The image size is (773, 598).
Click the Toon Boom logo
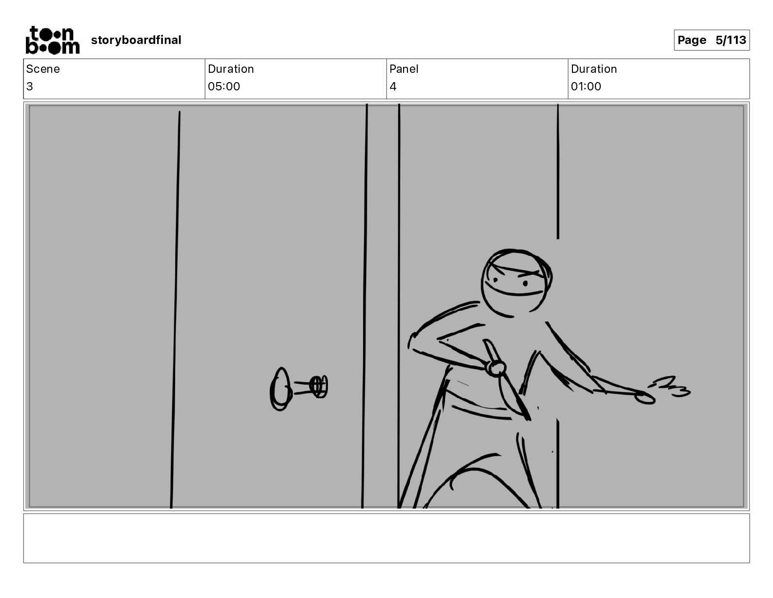tap(53, 40)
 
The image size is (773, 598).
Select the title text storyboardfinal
tap(136, 40)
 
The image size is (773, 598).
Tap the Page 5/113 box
tap(712, 40)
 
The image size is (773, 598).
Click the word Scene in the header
tap(42, 69)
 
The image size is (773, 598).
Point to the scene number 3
tap(30, 86)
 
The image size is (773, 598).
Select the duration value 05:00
tap(224, 86)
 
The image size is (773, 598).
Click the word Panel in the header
tap(404, 69)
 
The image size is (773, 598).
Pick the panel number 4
tap(393, 86)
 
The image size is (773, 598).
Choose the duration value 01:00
tap(586, 86)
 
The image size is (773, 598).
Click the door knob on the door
tap(281, 389)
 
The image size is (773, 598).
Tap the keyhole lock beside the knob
tap(319, 386)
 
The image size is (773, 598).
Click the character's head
tap(516, 283)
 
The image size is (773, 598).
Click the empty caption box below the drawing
tap(386, 538)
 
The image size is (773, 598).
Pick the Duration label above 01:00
tap(594, 69)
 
